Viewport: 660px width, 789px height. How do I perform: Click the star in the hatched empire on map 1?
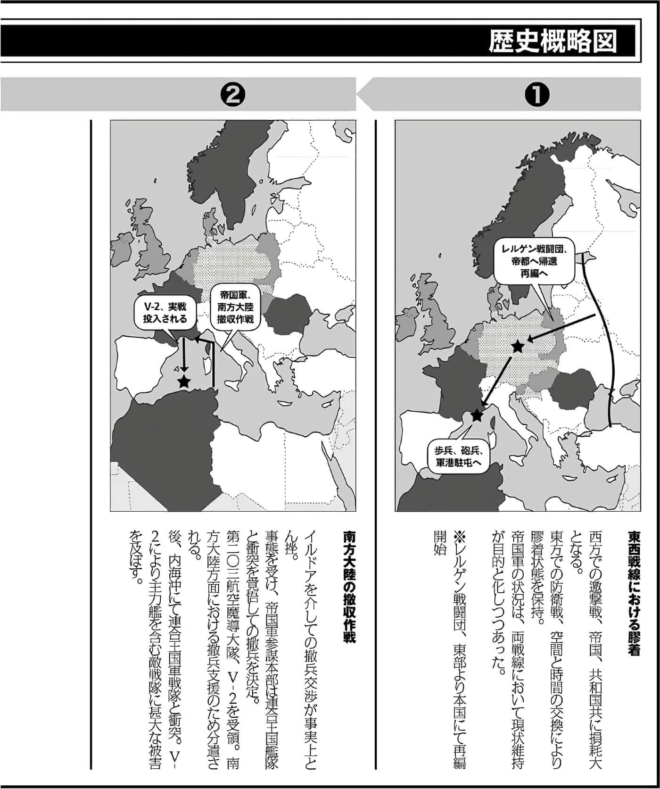pyautogui.click(x=518, y=347)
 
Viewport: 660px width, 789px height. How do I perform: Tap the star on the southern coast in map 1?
pyautogui.click(x=477, y=415)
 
